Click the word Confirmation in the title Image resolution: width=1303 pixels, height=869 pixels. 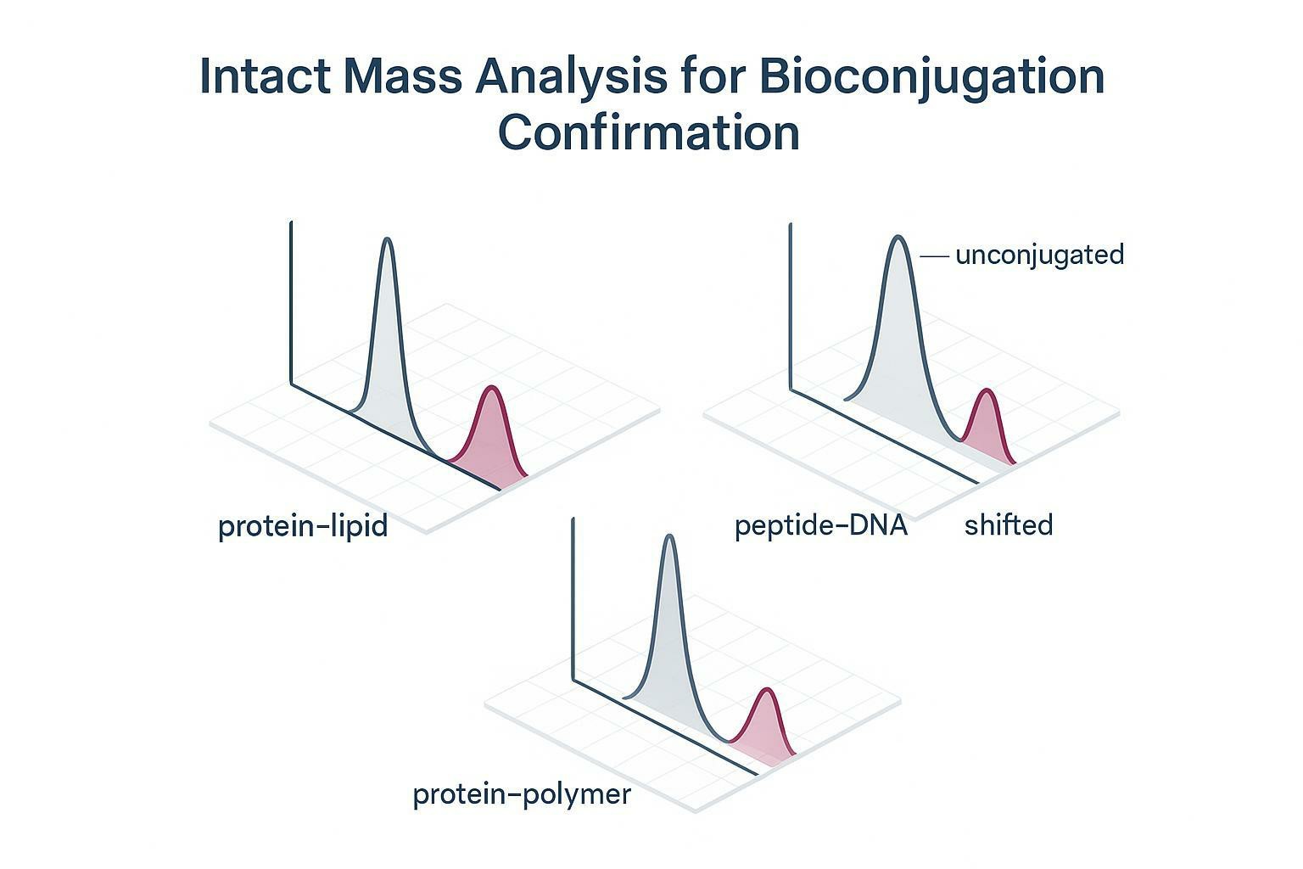pyautogui.click(x=649, y=133)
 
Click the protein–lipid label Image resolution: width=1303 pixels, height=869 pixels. pyautogui.click(x=303, y=526)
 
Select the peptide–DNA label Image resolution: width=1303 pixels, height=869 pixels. pyautogui.click(x=821, y=526)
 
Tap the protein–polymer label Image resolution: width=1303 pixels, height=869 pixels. pyautogui.click(x=522, y=795)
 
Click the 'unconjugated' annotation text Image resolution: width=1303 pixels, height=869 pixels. pyautogui.click(x=1039, y=255)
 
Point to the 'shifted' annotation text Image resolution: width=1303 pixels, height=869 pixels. pyautogui.click(x=1009, y=525)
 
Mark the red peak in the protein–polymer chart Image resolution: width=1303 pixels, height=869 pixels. pyautogui.click(x=767, y=726)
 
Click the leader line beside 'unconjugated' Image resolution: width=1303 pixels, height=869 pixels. pyautogui.click(x=933, y=255)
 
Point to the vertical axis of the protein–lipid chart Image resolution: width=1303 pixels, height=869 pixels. pyautogui.click(x=291, y=306)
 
